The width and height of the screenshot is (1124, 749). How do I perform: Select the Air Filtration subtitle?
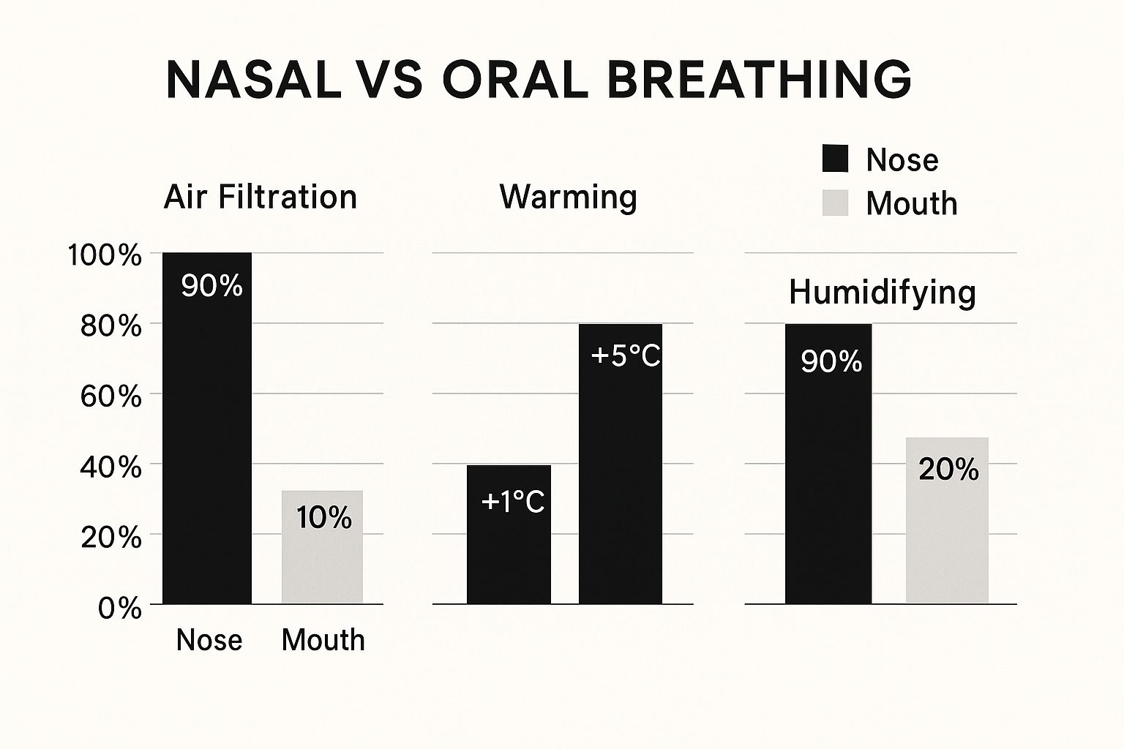(261, 197)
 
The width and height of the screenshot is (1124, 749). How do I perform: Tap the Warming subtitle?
(568, 197)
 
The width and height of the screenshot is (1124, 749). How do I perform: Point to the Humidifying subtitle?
(883, 293)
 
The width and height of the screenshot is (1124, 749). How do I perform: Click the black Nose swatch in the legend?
(835, 159)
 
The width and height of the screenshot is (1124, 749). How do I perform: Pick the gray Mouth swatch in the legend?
(835, 203)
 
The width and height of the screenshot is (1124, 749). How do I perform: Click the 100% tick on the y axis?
(104, 256)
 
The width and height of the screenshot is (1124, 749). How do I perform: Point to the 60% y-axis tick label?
(110, 397)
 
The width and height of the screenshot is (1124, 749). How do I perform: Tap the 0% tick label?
(120, 608)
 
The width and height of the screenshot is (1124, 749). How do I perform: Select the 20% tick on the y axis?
(110, 538)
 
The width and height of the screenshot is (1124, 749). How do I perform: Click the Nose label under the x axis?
(209, 640)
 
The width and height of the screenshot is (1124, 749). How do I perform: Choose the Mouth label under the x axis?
(323, 640)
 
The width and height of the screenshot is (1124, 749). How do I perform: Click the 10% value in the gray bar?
(324, 518)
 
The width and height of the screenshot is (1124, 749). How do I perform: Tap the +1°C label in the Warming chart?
(513, 502)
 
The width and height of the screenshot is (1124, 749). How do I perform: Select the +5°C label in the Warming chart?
(625, 356)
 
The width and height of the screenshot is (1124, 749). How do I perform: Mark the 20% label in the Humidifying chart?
(948, 470)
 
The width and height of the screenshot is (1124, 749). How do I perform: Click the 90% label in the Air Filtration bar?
(211, 286)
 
